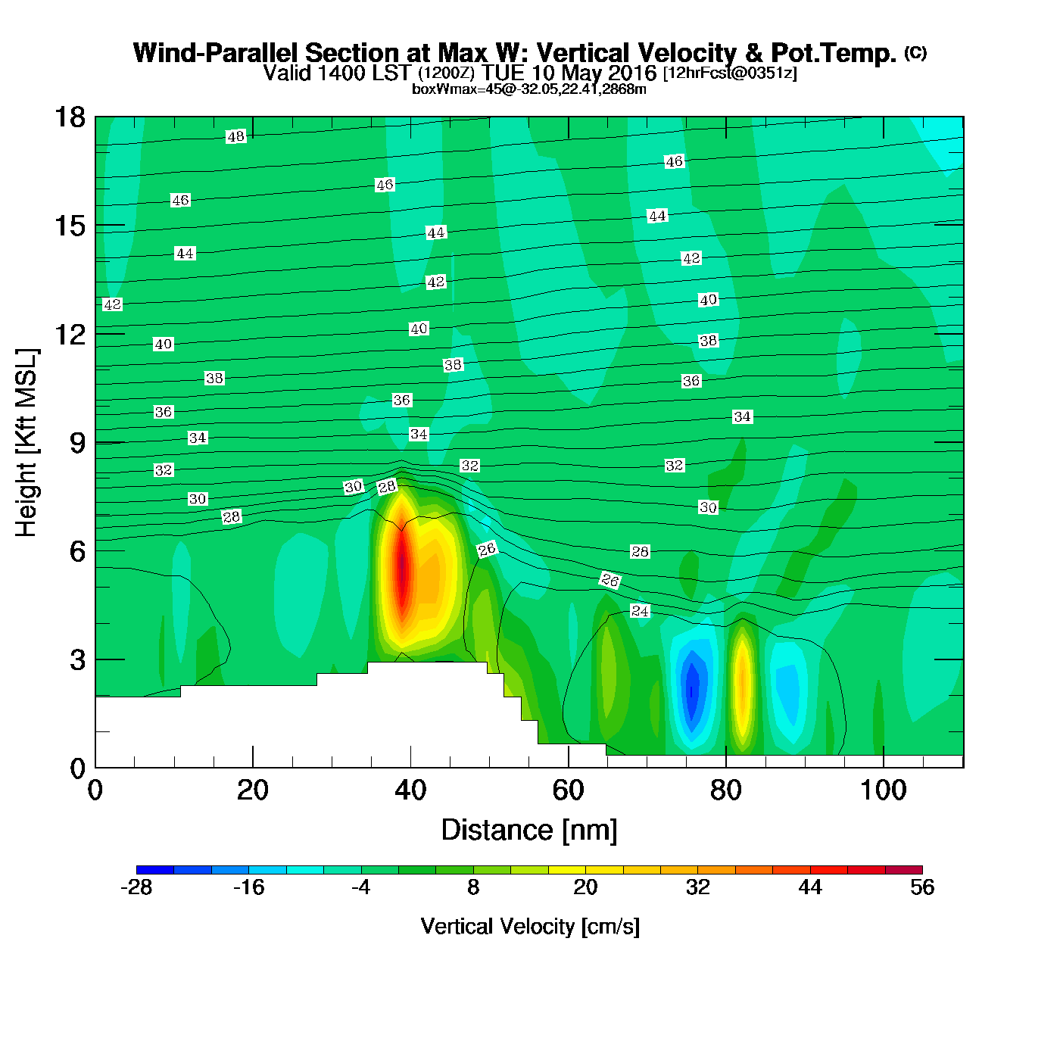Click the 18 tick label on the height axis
point(69,117)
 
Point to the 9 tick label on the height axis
point(77,443)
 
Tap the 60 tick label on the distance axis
point(568,790)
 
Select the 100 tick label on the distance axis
point(883,790)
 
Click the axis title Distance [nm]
point(529,831)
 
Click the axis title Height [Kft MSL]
point(26,443)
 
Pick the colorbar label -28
point(136,887)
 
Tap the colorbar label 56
point(922,887)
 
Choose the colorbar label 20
point(585,887)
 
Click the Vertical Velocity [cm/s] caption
point(530,927)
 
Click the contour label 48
point(236,137)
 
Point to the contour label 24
point(640,611)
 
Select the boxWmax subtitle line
point(528,89)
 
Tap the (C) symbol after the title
point(915,52)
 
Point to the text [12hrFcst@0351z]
point(730,73)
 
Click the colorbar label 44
point(810,887)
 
